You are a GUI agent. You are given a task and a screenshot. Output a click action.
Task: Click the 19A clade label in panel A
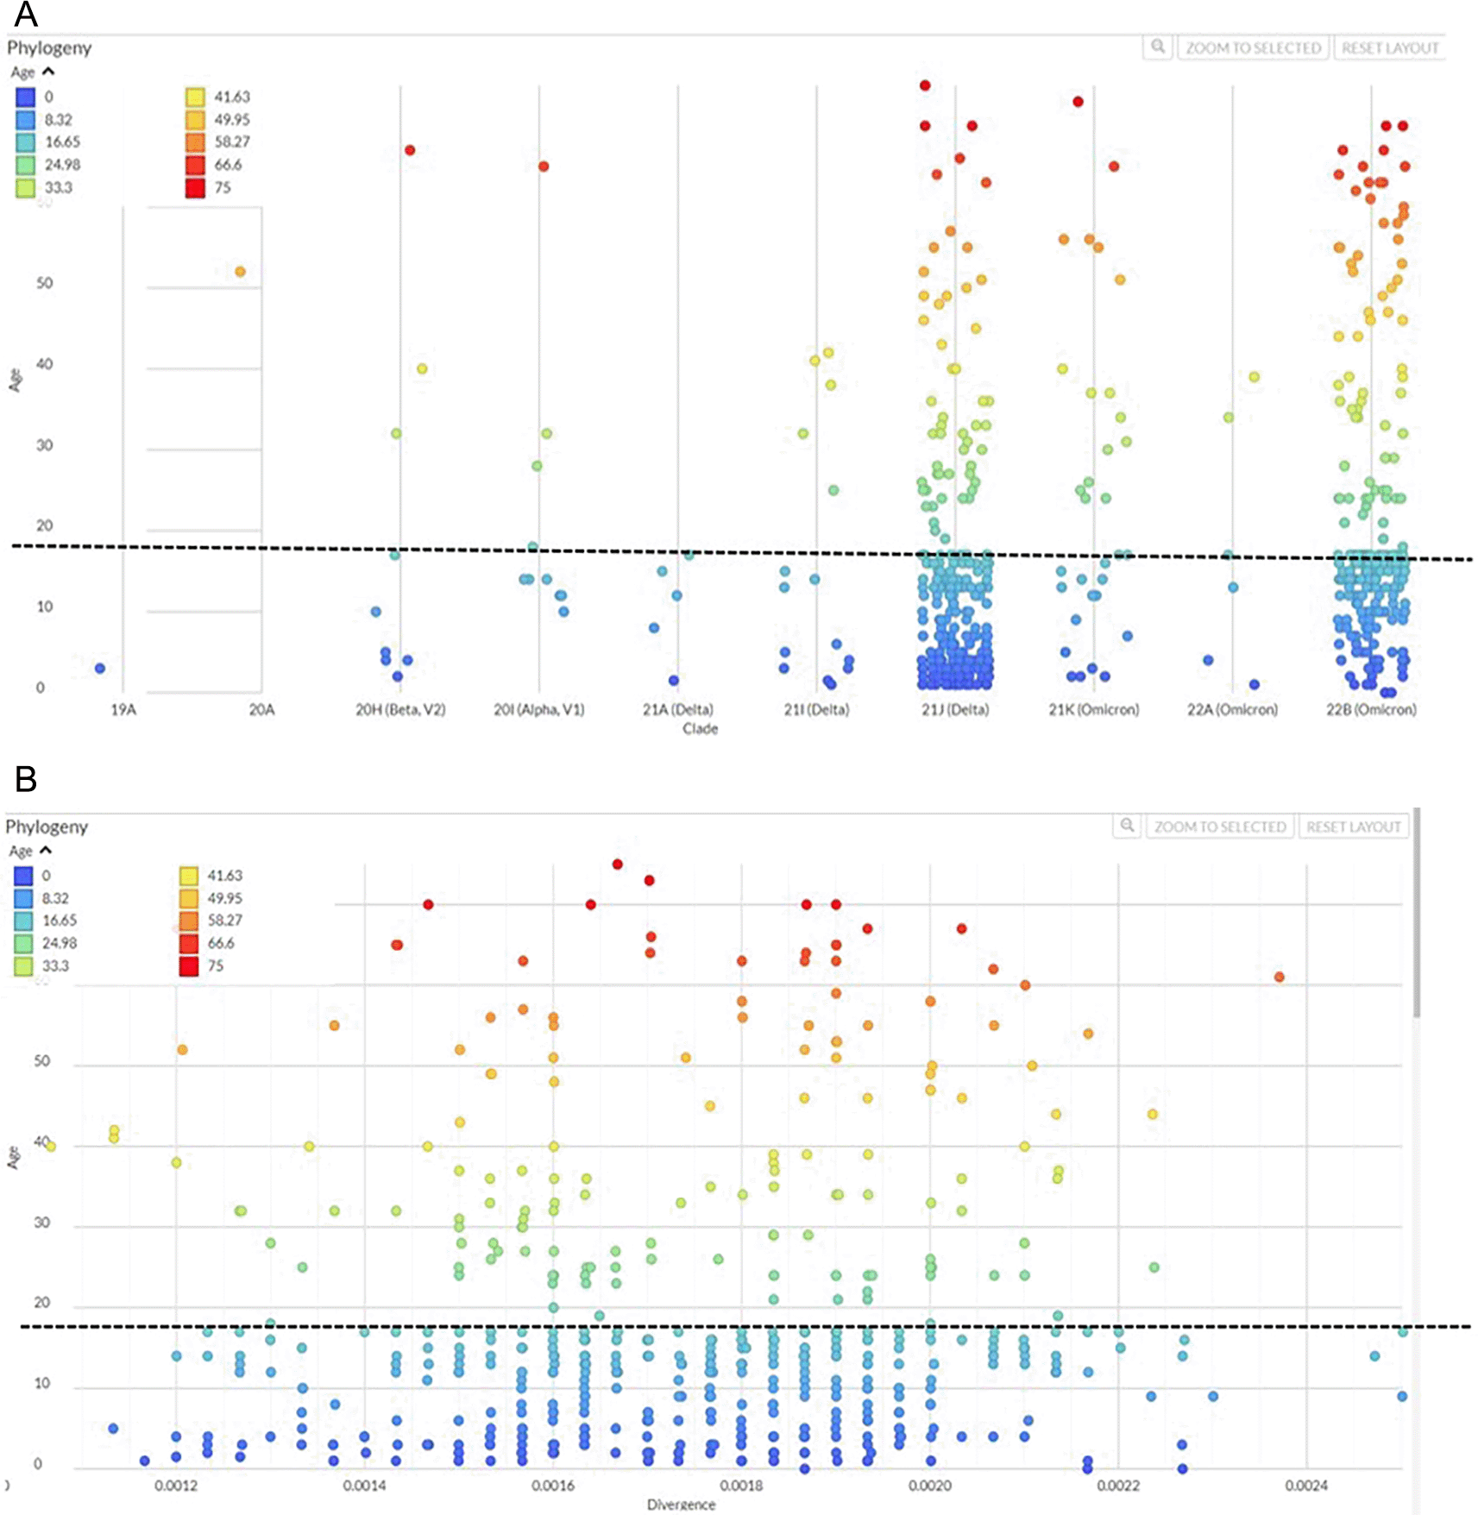pyautogui.click(x=123, y=709)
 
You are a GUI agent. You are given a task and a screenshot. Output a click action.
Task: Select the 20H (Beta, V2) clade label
pyautogui.click(x=400, y=709)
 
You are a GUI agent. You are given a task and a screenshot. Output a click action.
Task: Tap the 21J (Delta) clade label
pyautogui.click(x=955, y=709)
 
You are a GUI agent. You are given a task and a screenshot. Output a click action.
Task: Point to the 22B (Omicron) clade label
pyautogui.click(x=1371, y=709)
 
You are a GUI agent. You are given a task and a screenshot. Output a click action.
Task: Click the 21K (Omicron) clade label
pyautogui.click(x=1093, y=709)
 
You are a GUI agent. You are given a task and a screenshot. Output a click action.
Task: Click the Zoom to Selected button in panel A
pyautogui.click(x=1253, y=48)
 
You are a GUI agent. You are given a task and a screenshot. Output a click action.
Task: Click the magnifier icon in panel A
pyautogui.click(x=1158, y=47)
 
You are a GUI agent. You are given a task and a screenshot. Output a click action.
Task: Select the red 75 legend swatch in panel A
pyautogui.click(x=196, y=187)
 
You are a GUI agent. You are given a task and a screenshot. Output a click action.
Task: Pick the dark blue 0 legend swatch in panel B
pyautogui.click(x=23, y=876)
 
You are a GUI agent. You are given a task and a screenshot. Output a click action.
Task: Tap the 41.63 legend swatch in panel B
pyautogui.click(x=189, y=876)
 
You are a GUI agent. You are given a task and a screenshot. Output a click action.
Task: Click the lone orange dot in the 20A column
pyautogui.click(x=241, y=272)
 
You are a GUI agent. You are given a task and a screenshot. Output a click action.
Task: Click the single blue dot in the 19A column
pyautogui.click(x=100, y=669)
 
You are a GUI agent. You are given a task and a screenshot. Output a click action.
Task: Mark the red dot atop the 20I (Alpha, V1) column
pyautogui.click(x=544, y=167)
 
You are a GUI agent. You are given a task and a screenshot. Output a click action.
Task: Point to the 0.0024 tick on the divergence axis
pyautogui.click(x=1305, y=1485)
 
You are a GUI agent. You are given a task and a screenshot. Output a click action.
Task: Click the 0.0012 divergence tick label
pyautogui.click(x=176, y=1485)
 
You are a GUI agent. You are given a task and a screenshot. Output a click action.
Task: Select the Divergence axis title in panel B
pyautogui.click(x=681, y=1505)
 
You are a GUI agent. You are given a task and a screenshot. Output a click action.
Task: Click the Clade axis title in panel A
pyautogui.click(x=700, y=729)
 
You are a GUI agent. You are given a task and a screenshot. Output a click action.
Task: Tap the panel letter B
pyautogui.click(x=26, y=778)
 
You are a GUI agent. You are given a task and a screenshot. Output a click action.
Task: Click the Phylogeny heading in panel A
pyautogui.click(x=49, y=48)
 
